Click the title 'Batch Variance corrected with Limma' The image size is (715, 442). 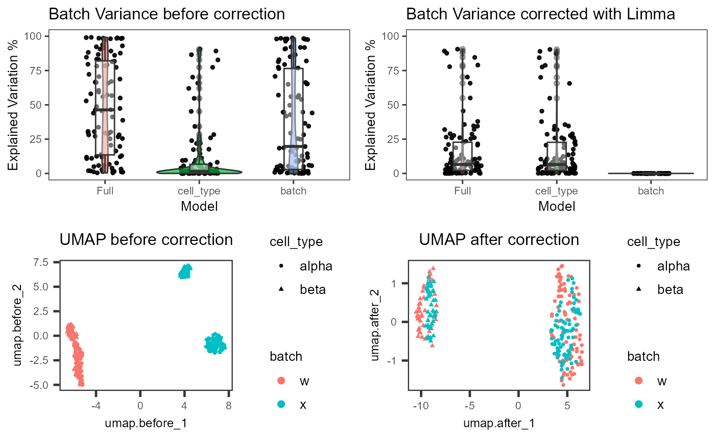pos(541,14)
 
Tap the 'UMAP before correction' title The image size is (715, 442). pos(146,239)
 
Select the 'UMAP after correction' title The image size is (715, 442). pos(499,239)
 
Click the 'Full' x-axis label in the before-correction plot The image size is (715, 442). pos(105,191)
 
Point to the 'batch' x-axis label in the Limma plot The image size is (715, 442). pos(651,191)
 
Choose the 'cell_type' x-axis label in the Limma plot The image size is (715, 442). pos(557,191)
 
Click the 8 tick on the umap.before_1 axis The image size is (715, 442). pos(228,405)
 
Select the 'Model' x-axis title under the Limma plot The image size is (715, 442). pos(556,206)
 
